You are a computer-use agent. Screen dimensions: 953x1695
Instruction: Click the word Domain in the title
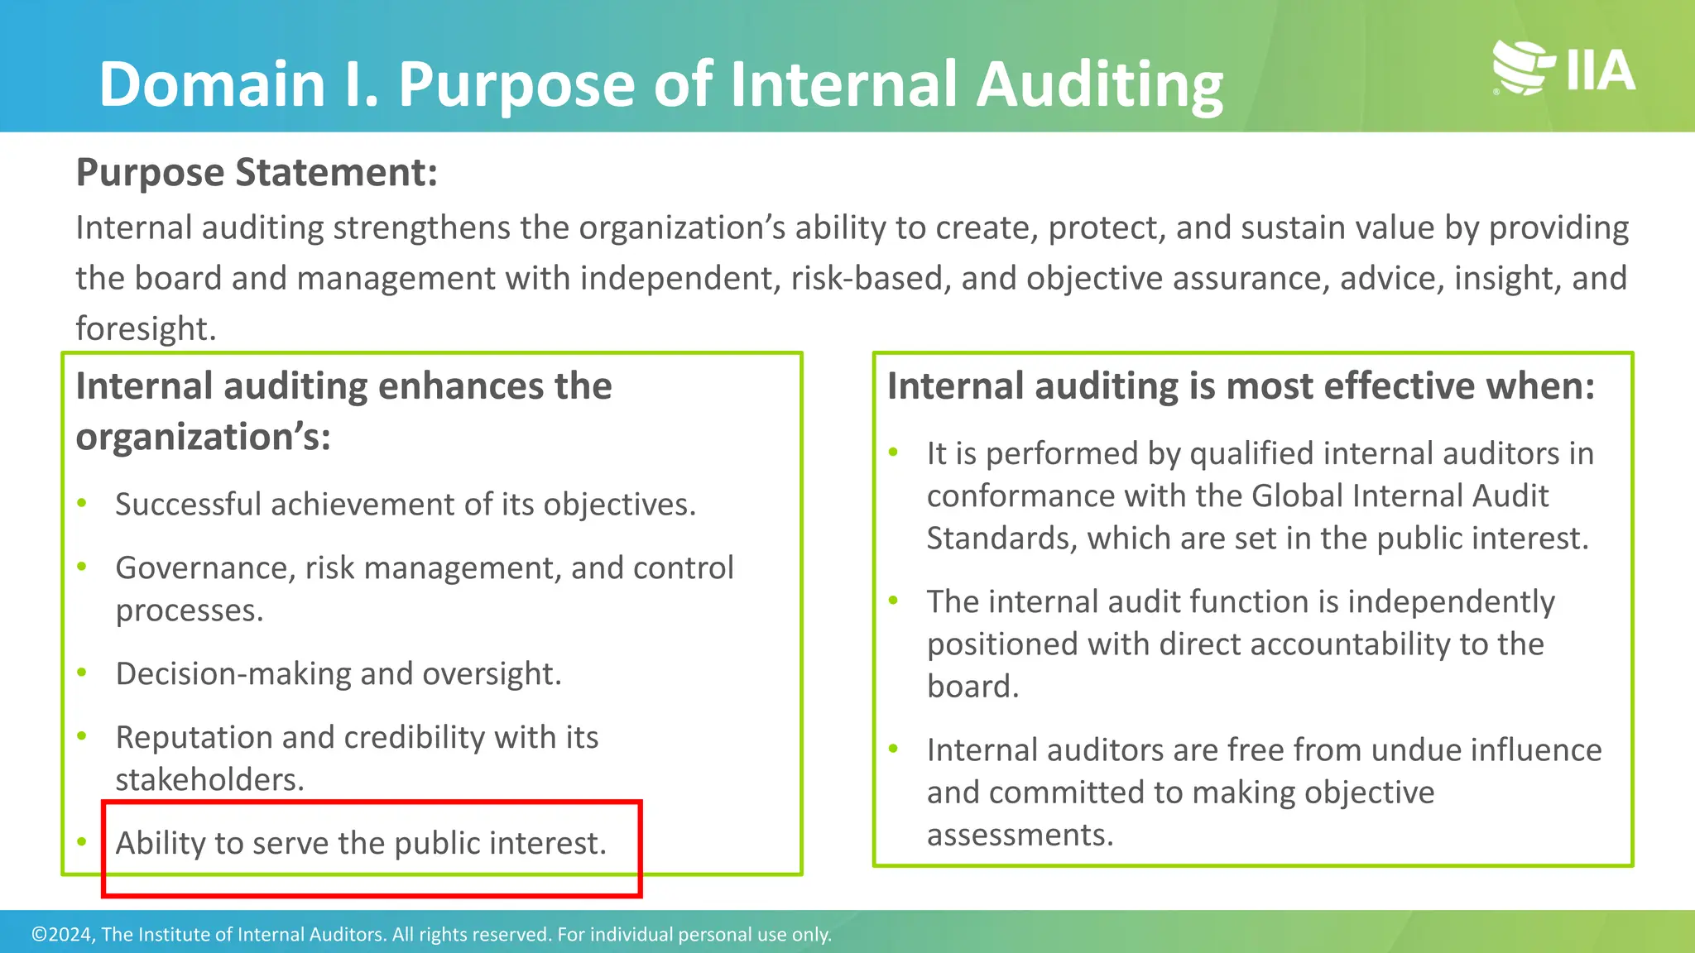[x=212, y=84]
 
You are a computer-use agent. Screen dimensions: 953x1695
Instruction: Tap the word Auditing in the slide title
[x=1099, y=86]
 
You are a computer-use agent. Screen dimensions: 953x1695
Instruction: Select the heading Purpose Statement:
[x=257, y=173]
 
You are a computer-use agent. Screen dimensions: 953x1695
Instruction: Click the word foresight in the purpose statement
[x=145, y=329]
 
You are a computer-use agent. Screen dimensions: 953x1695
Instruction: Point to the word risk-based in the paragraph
[x=867, y=279]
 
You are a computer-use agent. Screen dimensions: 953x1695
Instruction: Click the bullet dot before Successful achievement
[x=82, y=503]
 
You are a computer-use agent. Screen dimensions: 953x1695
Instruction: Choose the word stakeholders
[x=209, y=780]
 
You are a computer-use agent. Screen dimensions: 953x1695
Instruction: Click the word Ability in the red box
[x=160, y=844]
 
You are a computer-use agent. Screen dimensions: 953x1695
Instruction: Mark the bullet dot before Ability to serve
[x=82, y=842]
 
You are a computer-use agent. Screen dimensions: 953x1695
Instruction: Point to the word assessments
[x=1019, y=836]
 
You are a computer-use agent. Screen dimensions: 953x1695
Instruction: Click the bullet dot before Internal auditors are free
[x=894, y=749]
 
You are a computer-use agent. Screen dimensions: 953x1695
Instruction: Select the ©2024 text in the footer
[x=63, y=935]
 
